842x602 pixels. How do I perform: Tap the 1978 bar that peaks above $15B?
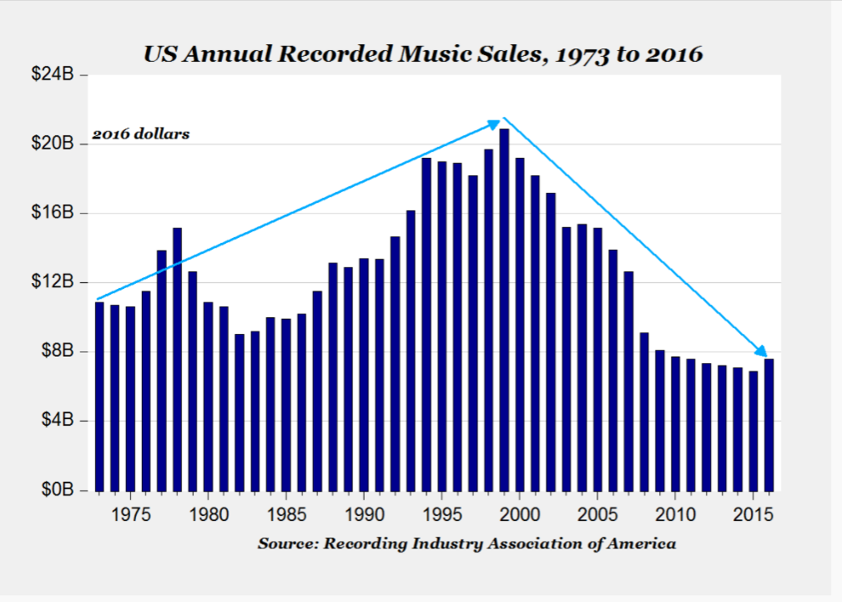coord(178,359)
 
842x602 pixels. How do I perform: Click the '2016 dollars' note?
coord(140,134)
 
